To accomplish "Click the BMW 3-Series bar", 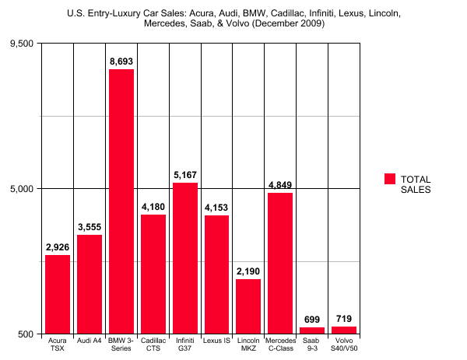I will (121, 201).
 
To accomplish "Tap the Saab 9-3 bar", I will (312, 330).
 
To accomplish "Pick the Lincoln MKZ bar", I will (248, 306).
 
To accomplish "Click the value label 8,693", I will (121, 60).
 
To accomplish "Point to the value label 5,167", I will (185, 173).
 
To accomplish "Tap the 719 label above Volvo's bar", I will (344, 319).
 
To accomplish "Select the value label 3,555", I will (90, 226).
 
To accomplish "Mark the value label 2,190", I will (248, 270).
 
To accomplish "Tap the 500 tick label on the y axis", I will (26, 334).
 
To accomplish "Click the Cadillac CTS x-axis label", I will (153, 344).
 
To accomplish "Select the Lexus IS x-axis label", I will (217, 341).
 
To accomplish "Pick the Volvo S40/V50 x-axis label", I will (344, 344).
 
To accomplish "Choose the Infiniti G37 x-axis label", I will (185, 344).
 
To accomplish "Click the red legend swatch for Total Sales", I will (391, 179).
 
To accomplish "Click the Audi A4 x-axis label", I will (90, 341).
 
